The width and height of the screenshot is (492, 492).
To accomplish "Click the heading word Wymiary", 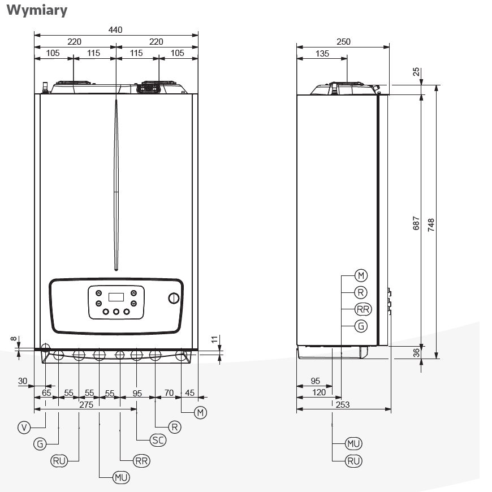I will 37,10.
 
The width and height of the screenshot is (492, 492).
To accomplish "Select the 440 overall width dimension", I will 115,29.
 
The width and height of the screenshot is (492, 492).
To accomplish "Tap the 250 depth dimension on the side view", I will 343,41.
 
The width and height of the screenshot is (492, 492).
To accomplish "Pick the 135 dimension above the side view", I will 322,54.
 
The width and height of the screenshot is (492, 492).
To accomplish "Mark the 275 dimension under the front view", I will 85,404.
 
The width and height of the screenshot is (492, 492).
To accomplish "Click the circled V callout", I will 23,428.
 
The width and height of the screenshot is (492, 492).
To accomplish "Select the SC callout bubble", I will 158,440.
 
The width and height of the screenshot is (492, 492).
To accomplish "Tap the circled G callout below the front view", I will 40,444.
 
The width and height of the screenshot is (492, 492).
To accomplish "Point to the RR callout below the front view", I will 141,461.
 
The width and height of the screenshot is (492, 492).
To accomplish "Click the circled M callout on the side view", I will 361,275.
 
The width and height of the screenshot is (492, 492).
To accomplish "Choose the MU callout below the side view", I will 354,443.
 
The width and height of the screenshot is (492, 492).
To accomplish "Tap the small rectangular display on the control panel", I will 116,297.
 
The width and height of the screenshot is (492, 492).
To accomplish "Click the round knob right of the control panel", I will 174,299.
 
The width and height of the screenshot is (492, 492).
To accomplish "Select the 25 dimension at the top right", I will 416,71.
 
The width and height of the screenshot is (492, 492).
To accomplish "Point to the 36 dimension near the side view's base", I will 416,352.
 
